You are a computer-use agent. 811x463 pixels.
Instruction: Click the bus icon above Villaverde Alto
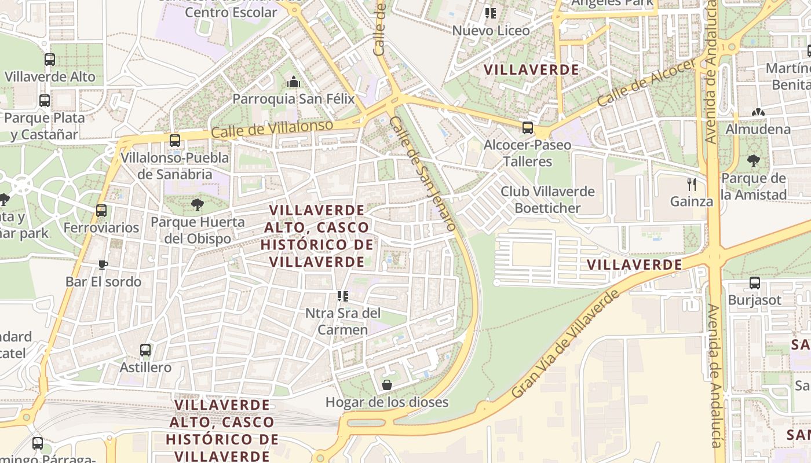[50, 59]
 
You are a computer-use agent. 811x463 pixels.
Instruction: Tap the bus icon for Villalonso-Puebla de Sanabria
[175, 140]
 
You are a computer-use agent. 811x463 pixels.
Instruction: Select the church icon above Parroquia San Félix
[294, 82]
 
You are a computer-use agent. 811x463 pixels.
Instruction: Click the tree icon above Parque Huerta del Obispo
[197, 204]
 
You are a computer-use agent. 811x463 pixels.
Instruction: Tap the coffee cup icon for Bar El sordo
[103, 264]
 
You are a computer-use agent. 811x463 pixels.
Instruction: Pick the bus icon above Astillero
[145, 350]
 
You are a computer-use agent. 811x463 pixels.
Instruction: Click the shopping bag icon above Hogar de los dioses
[386, 385]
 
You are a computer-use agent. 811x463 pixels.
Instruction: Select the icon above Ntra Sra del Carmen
[343, 296]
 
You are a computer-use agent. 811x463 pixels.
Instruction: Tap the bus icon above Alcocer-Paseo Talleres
[527, 127]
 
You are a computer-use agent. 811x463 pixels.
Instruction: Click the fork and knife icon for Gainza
[691, 185]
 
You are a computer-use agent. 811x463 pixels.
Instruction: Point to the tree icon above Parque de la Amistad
[753, 160]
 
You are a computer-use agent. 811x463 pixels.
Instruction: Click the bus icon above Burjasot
[754, 283]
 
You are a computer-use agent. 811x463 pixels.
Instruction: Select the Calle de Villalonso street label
[272, 129]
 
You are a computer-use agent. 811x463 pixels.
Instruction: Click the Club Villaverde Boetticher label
[547, 199]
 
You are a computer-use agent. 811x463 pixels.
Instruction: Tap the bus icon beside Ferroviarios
[101, 210]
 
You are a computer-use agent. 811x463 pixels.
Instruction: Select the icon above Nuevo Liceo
[491, 13]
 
